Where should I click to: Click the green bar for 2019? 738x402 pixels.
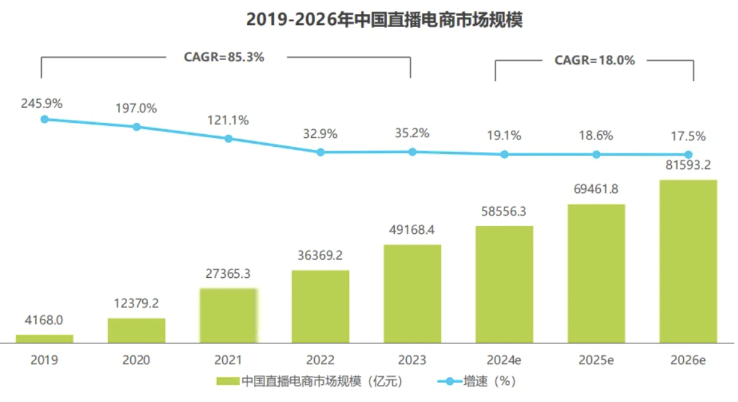(x=44, y=338)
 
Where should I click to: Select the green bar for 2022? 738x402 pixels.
(x=320, y=306)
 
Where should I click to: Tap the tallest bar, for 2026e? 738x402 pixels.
(x=688, y=261)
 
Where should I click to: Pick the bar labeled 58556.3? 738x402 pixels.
(x=504, y=284)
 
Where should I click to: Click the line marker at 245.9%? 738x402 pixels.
(x=44, y=119)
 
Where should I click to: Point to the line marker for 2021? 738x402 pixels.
(x=228, y=139)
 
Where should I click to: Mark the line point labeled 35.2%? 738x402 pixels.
(x=412, y=152)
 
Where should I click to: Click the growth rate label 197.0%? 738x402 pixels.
(x=135, y=108)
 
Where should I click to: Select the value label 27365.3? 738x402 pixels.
(x=228, y=273)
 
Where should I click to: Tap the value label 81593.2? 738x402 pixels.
(x=688, y=166)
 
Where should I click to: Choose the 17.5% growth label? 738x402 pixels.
(x=688, y=136)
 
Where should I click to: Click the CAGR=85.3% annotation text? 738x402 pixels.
(x=224, y=57)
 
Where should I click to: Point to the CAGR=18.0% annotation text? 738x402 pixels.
(x=594, y=60)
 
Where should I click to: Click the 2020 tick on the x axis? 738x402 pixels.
(x=136, y=360)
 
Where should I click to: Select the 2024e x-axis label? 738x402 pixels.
(x=504, y=360)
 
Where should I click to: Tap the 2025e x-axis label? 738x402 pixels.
(x=596, y=360)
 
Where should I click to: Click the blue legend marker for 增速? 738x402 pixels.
(x=450, y=381)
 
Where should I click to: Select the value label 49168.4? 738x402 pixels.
(x=412, y=230)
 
